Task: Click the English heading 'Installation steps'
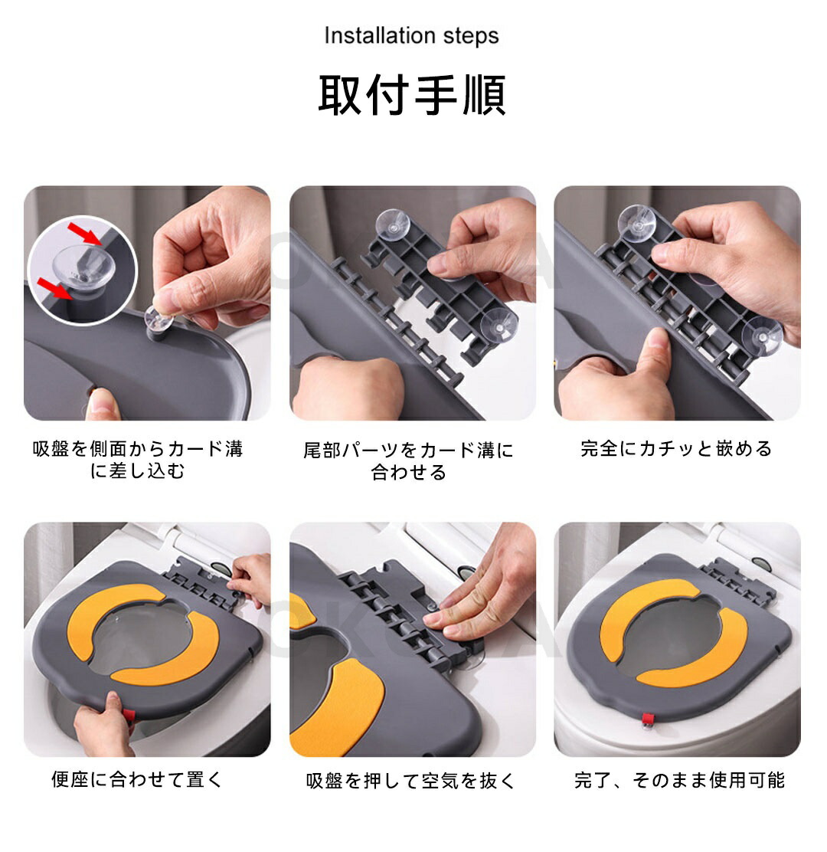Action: tap(411, 36)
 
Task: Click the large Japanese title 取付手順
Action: tap(412, 94)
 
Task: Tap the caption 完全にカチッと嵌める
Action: tap(677, 449)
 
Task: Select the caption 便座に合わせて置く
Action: tap(137, 779)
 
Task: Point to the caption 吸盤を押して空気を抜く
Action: tap(411, 780)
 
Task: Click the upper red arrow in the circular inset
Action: tap(84, 234)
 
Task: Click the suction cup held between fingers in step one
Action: tap(159, 319)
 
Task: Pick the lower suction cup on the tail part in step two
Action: tap(498, 326)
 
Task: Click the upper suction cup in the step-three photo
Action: tap(637, 222)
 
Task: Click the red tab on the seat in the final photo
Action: tap(648, 720)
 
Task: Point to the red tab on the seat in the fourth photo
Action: tap(129, 716)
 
